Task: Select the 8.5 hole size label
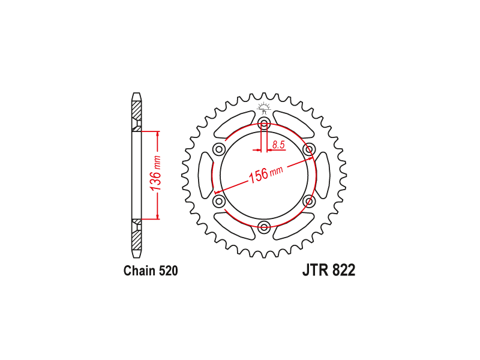pos(278,145)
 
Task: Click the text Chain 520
pos(151,271)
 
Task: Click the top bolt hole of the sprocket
pos(264,124)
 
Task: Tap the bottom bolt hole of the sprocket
pos(264,226)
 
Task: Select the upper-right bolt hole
pos(309,149)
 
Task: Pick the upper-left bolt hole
pos(219,149)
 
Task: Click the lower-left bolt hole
pos(219,200)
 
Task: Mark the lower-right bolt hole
pos(309,200)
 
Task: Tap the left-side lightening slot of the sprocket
pos(205,175)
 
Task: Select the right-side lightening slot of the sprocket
pos(323,175)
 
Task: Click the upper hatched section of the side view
pos(137,112)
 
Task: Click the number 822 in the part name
pos(342,271)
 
